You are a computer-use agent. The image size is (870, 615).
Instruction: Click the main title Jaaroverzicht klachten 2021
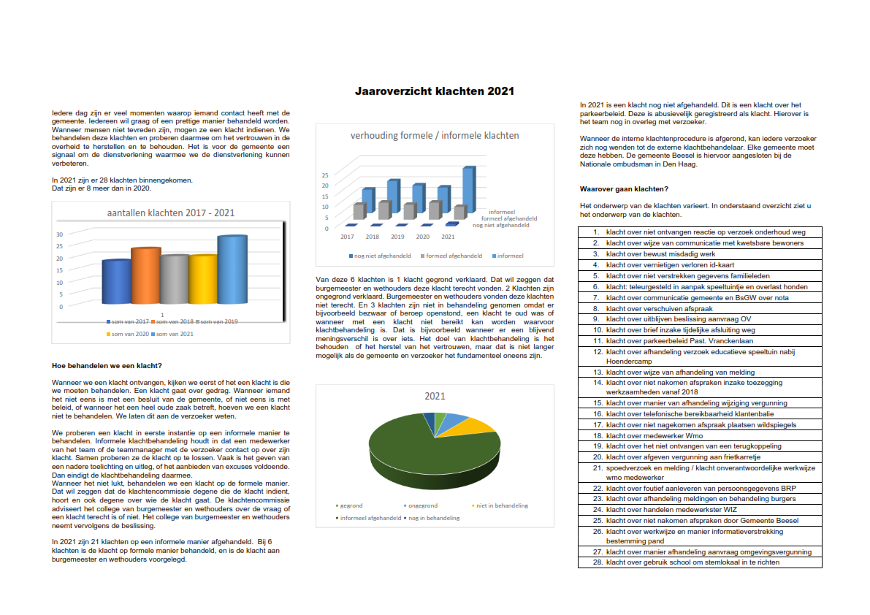click(x=435, y=91)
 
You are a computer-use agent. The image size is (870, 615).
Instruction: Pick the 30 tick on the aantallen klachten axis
click(x=60, y=234)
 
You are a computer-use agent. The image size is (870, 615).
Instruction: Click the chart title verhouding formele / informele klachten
click(x=435, y=135)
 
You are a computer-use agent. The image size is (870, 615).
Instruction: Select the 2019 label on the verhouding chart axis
click(x=397, y=237)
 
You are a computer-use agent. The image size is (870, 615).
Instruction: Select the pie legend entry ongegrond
click(x=421, y=505)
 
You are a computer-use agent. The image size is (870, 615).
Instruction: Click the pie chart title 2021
click(x=435, y=395)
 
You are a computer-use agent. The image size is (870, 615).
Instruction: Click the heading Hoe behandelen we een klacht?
click(x=107, y=365)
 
